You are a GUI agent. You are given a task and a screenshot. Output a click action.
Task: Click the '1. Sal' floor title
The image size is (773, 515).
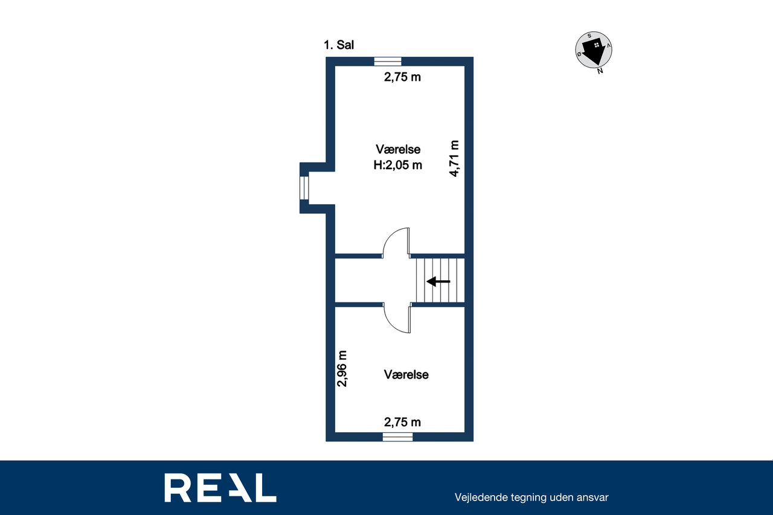pyautogui.click(x=339, y=45)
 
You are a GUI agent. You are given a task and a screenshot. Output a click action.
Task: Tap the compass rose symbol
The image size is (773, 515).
pyautogui.click(x=594, y=50)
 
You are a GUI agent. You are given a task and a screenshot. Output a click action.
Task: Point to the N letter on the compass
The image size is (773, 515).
pyautogui.click(x=600, y=71)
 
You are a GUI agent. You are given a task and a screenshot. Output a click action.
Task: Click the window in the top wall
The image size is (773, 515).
pyautogui.click(x=388, y=62)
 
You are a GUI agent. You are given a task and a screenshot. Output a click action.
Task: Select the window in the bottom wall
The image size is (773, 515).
pyautogui.click(x=397, y=437)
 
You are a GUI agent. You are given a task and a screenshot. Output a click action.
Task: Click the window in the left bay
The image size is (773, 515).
pyautogui.click(x=304, y=188)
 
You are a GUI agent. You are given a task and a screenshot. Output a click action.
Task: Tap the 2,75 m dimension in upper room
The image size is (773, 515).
pyautogui.click(x=402, y=77)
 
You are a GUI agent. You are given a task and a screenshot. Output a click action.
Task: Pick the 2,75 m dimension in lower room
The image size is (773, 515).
pyautogui.click(x=402, y=422)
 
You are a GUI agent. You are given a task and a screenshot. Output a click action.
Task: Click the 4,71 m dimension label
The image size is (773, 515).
pyautogui.click(x=454, y=159)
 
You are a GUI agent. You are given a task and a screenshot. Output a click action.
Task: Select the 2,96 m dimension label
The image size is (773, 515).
pyautogui.click(x=342, y=369)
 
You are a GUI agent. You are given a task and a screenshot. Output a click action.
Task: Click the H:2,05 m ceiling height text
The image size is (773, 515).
pyautogui.click(x=397, y=165)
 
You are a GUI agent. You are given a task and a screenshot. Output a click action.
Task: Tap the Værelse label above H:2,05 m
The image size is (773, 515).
pyautogui.click(x=398, y=149)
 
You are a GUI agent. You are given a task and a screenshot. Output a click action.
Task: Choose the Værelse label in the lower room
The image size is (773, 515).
pyautogui.click(x=406, y=374)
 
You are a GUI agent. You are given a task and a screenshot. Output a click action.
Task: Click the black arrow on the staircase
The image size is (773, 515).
pyautogui.click(x=438, y=281)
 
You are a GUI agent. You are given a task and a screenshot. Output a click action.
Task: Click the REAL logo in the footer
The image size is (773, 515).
pyautogui.click(x=220, y=488)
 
